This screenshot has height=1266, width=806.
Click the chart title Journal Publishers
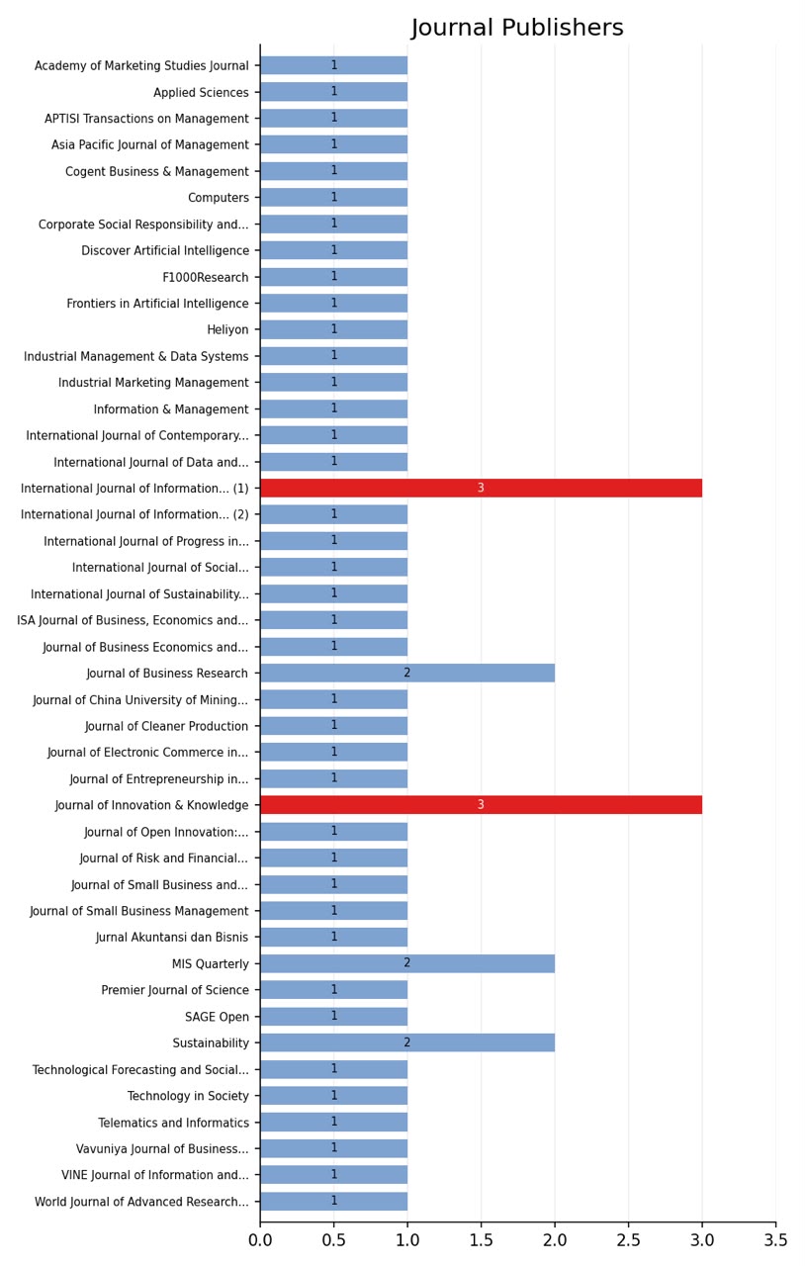516,27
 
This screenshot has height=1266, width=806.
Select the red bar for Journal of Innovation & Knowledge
481,805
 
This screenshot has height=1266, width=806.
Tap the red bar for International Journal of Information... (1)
481,488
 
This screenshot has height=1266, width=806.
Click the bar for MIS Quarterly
407,963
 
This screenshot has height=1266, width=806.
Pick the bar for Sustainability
407,1042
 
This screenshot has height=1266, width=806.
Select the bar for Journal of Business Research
407,673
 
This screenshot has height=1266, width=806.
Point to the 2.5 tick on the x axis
629,1224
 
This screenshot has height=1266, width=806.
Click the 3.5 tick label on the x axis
775,1239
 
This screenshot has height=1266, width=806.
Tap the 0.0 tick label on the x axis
260,1239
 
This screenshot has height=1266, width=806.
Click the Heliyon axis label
227,329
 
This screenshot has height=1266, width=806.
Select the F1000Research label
205,277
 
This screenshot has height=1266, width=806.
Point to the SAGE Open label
217,1016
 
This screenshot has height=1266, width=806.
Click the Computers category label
219,198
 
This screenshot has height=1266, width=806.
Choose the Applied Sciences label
201,92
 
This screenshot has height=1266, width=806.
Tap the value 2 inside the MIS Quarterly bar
407,962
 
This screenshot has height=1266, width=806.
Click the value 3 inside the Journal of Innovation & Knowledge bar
481,804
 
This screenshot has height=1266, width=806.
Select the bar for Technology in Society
334,1095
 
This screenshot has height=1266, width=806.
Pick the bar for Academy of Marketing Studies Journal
334,65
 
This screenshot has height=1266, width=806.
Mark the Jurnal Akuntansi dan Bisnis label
172,937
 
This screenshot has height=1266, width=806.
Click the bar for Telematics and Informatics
334,1122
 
